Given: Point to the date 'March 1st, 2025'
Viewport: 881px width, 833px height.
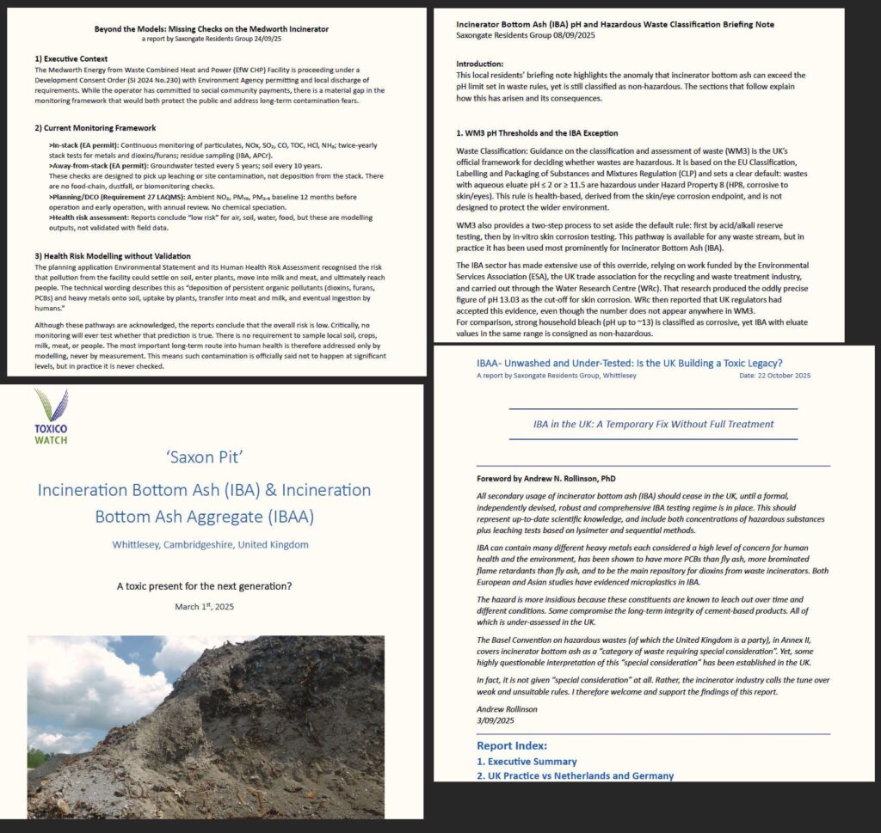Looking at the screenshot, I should tap(205, 606).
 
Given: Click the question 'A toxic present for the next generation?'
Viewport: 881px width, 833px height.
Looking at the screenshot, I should tap(205, 586).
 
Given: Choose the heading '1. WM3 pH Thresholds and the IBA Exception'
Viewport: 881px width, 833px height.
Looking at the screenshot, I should tap(536, 133).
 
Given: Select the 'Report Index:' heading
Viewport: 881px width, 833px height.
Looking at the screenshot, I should tap(512, 746).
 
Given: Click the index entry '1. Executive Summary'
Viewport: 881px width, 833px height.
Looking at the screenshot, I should tap(527, 762).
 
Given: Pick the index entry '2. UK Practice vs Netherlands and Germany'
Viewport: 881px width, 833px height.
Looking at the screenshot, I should tap(575, 776).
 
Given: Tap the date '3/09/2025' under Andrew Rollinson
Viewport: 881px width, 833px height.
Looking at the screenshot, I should tap(497, 720).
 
